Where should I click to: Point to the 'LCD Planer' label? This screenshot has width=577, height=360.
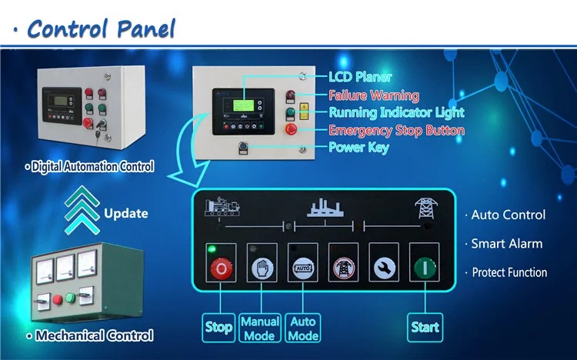pyautogui.click(x=360, y=77)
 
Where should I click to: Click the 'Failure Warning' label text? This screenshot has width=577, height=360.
pyautogui.click(x=374, y=95)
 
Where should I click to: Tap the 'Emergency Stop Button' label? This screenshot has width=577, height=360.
pyautogui.click(x=396, y=130)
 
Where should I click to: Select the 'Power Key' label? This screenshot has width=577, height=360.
pyautogui.click(x=359, y=148)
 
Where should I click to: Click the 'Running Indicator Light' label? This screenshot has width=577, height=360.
pyautogui.click(x=396, y=113)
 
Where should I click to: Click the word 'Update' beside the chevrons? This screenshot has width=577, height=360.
pyautogui.click(x=125, y=213)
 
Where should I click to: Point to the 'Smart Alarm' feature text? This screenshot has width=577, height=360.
pyautogui.click(x=507, y=244)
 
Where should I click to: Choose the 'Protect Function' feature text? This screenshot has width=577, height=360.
pyautogui.click(x=509, y=272)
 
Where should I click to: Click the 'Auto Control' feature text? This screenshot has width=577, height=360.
pyautogui.click(x=509, y=215)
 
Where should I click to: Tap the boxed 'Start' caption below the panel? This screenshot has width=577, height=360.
pyautogui.click(x=425, y=327)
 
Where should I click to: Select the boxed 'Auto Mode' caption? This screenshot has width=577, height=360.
pyautogui.click(x=303, y=328)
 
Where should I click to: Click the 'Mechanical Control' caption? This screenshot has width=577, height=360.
pyautogui.click(x=94, y=335)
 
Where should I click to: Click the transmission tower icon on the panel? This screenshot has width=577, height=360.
pyautogui.click(x=423, y=208)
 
